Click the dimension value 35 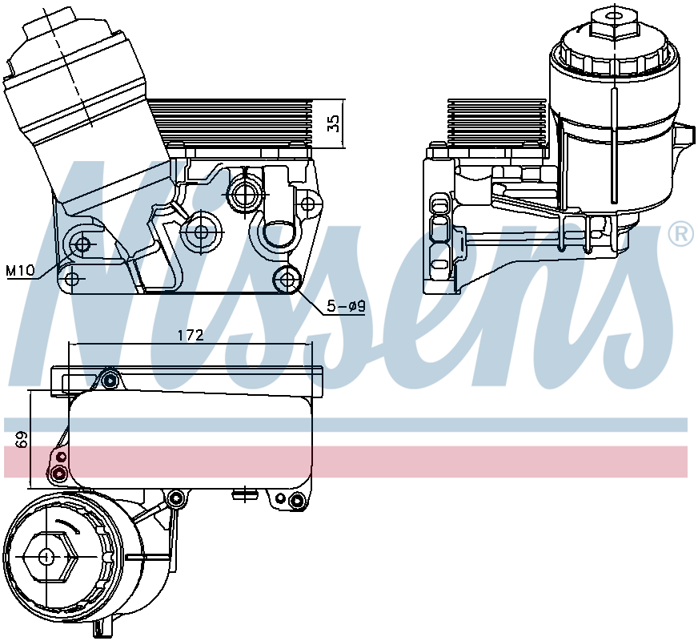[335, 123]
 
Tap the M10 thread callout [20, 271]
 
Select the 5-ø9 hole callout [345, 305]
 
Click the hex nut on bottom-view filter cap [46, 556]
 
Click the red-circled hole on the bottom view [58, 473]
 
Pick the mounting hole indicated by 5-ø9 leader [287, 280]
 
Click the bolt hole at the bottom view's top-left [110, 378]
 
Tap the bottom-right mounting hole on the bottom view [297, 502]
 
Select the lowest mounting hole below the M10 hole [73, 279]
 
